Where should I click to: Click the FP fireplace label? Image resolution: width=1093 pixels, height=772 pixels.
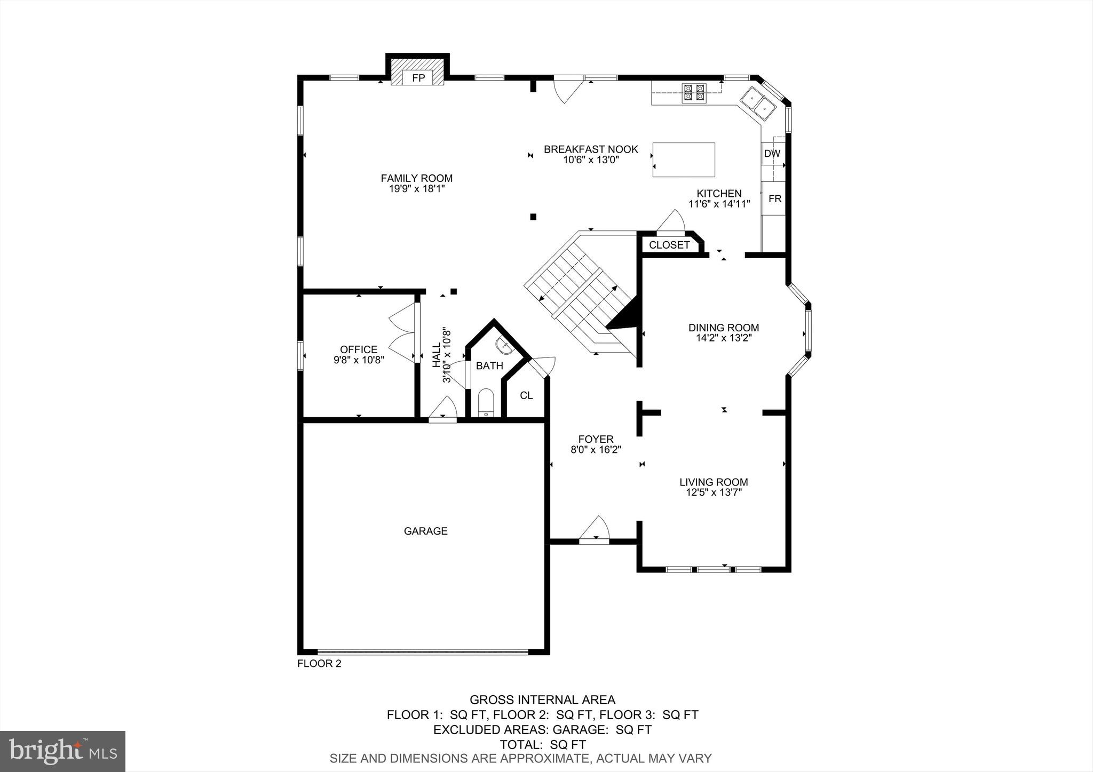[x=418, y=78]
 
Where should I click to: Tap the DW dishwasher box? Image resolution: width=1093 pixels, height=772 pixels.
[x=772, y=154]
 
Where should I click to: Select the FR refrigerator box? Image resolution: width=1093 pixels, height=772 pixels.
[x=774, y=198]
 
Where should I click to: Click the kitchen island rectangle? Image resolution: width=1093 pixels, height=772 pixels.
[x=684, y=160]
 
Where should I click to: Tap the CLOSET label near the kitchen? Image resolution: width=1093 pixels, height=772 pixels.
[x=669, y=245]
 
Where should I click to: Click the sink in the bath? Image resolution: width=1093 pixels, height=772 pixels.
[x=504, y=347]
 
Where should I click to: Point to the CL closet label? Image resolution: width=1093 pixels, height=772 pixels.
[x=526, y=395]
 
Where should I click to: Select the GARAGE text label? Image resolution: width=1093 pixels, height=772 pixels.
[x=425, y=531]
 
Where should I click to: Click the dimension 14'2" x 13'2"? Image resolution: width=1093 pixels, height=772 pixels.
[x=723, y=338]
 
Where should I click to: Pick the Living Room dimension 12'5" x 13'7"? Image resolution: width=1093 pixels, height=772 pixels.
[x=714, y=492]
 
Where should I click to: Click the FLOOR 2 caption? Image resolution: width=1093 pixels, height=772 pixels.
[x=319, y=664]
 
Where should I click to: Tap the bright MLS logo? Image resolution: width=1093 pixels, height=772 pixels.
[x=62, y=751]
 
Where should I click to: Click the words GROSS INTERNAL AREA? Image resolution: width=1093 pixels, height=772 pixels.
[x=542, y=699]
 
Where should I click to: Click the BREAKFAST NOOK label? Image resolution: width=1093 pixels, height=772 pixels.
[x=591, y=149]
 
